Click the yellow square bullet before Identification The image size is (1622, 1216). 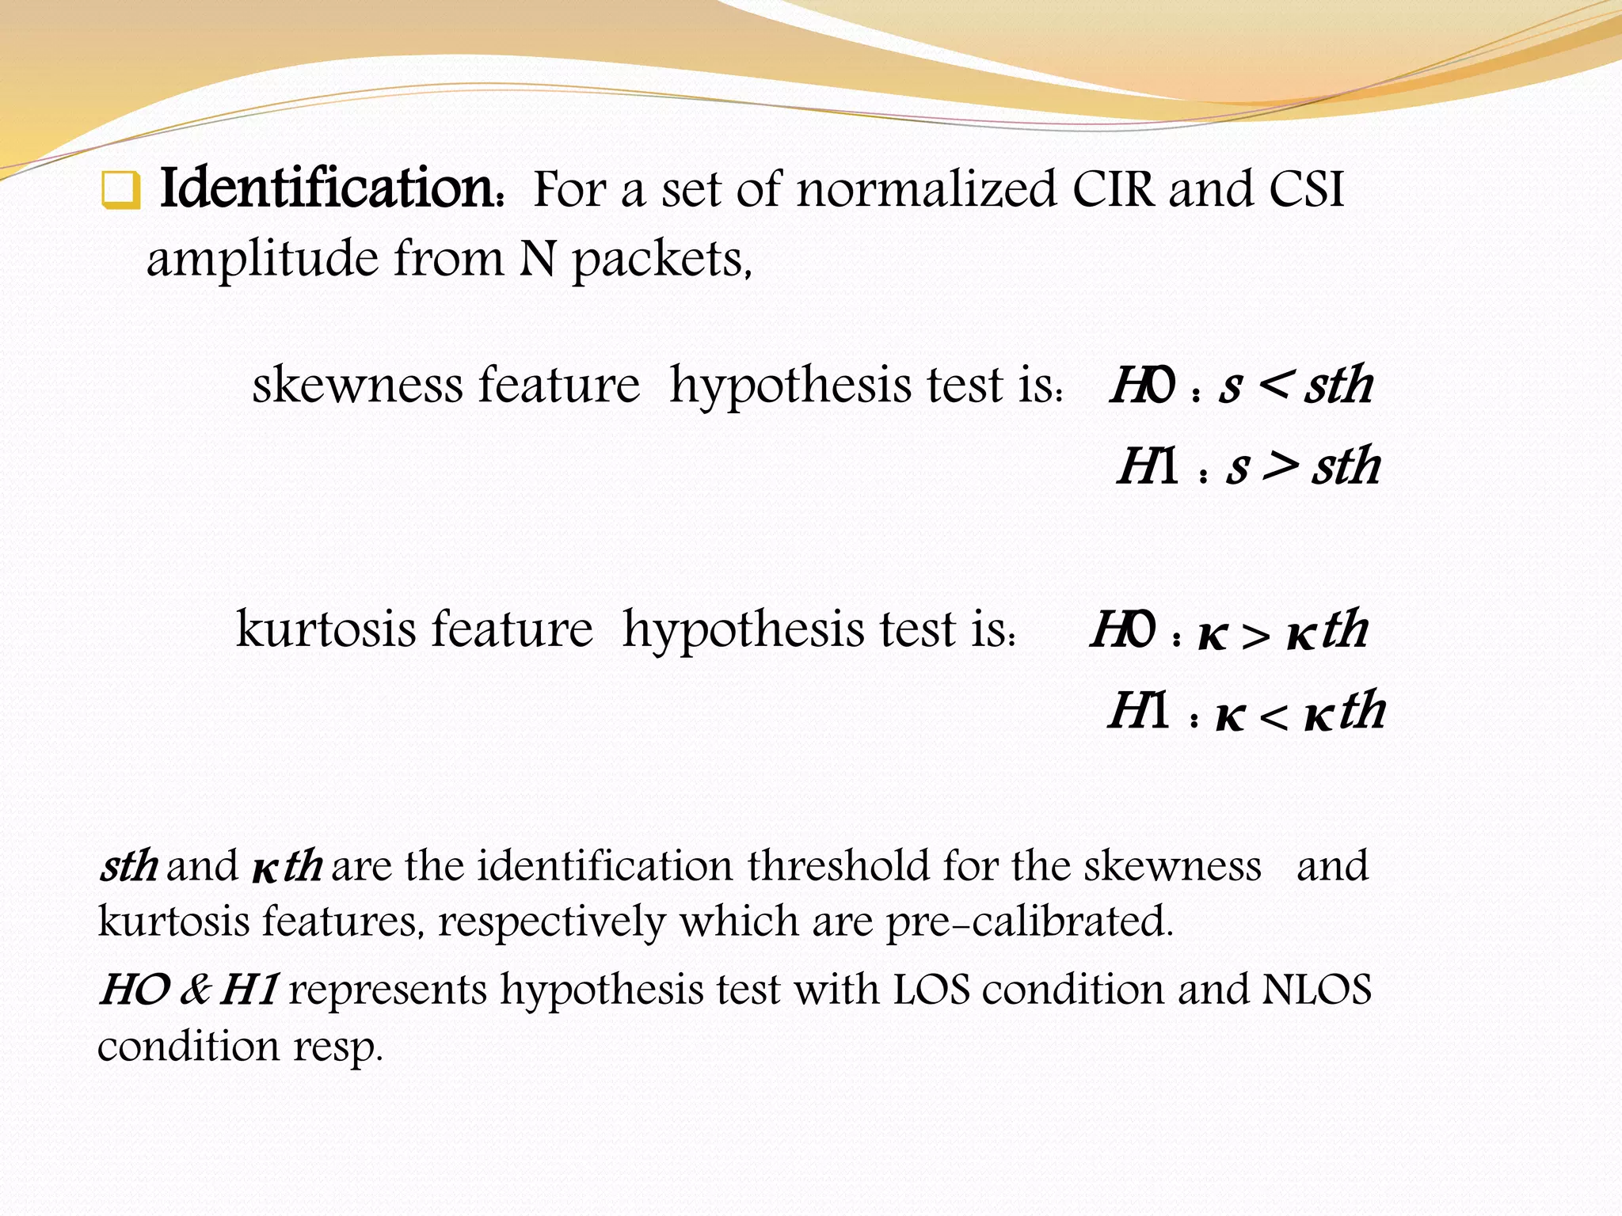(121, 191)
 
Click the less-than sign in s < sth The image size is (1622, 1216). (1277, 386)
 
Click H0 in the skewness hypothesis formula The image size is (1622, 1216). (1143, 386)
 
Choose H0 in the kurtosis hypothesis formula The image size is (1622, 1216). (1123, 630)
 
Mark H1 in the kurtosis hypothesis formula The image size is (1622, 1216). (1138, 710)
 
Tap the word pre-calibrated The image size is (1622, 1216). (1029, 921)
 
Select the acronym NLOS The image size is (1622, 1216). (1316, 990)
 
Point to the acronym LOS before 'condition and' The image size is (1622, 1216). (932, 990)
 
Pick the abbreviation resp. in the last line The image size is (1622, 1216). (338, 1047)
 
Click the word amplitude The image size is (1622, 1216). (262, 260)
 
